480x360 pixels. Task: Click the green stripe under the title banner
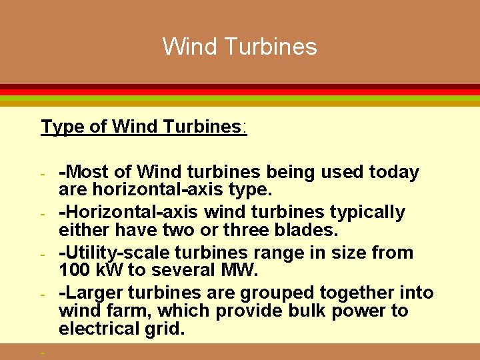coord(240,98)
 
